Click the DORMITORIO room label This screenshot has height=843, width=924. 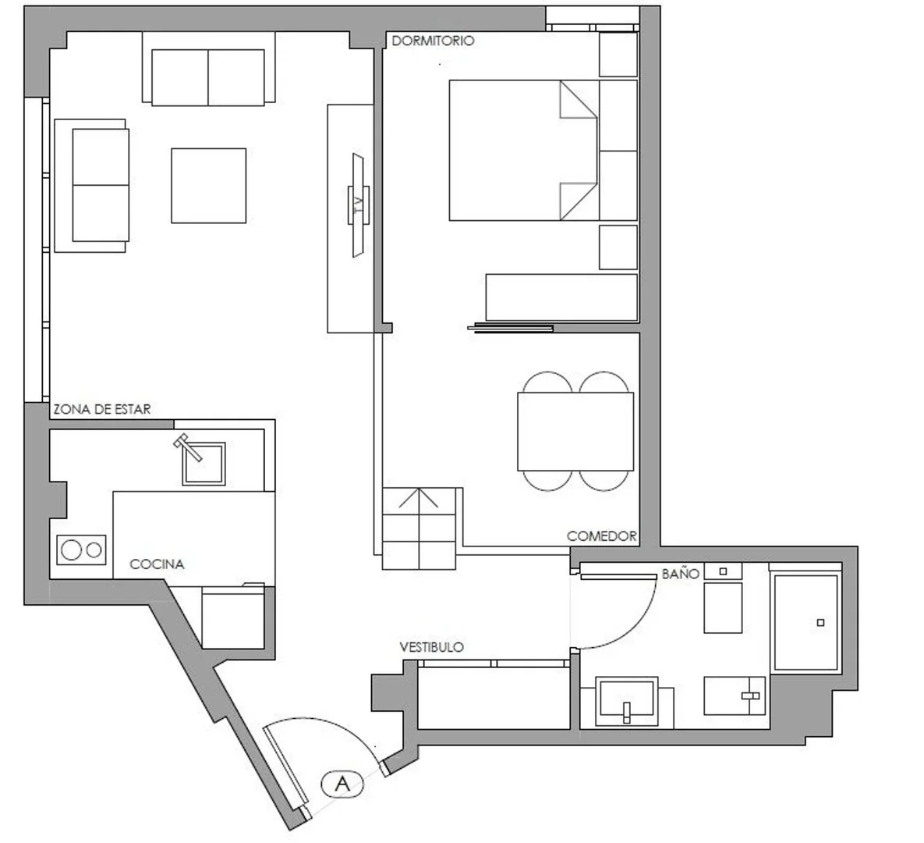[x=433, y=41]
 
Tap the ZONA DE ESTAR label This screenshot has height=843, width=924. [x=102, y=410]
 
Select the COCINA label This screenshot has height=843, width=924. [x=157, y=564]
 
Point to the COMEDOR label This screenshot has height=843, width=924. [x=602, y=536]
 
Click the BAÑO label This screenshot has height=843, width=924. [x=681, y=574]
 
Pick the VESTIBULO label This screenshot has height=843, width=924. [x=431, y=647]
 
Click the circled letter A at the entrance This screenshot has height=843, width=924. [x=342, y=784]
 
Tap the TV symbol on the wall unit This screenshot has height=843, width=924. [x=358, y=205]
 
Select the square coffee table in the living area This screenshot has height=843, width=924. [x=209, y=186]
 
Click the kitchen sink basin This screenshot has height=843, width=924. [x=204, y=464]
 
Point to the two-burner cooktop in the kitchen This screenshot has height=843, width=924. [x=82, y=550]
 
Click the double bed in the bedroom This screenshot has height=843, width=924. [x=524, y=151]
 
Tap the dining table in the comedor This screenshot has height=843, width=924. [x=575, y=432]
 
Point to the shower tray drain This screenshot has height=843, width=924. [x=820, y=622]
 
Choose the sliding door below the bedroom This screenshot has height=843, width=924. [x=510, y=329]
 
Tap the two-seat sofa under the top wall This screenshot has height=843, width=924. [x=208, y=77]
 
